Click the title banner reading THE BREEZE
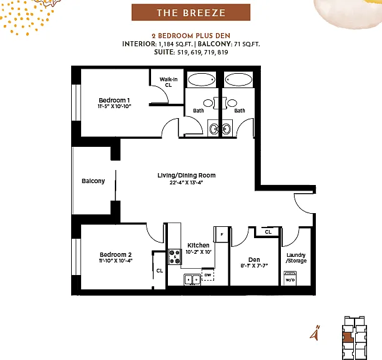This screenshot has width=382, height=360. coord(191,12)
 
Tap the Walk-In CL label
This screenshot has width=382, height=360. coord(169,82)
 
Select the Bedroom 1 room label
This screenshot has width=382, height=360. coord(114,100)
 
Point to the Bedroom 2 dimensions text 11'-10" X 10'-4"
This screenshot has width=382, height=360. coord(115,261)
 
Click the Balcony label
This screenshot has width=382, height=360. coord(93,181)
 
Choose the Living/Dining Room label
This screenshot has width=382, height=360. coord(187,176)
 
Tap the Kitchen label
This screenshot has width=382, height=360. coord(198,246)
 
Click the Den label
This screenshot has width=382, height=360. coord(254,260)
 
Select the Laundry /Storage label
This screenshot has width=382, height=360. coord(296,257)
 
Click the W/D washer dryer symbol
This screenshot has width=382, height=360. coord(290,278)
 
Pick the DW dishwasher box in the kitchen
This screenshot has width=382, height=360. coord(208,274)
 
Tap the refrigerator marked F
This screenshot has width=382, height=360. coord(221,234)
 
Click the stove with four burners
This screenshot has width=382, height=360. coord(175,257)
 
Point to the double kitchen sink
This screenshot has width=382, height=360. coord(192,280)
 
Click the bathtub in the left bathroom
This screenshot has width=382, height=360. coord(202,79)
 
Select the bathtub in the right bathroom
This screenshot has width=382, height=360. coord(238,79)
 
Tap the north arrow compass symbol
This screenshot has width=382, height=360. coord(315,332)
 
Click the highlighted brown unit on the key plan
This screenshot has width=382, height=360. coord(348,337)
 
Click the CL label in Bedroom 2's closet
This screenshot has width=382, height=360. coord(160,271)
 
